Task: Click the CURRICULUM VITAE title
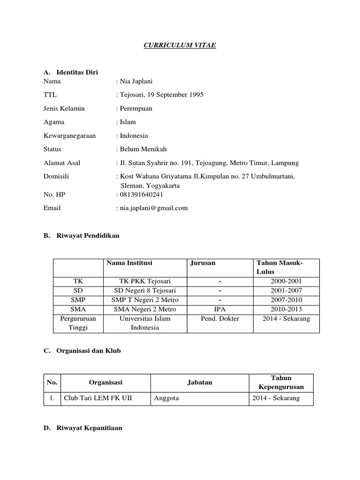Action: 180,45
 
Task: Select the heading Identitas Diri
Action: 77,72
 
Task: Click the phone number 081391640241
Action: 142,195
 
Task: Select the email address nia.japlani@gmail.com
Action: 154,208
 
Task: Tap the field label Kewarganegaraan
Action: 68,135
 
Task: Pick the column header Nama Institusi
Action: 129,263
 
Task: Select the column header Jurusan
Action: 203,263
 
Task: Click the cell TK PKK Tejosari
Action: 144,281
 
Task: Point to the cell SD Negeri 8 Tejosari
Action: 144,291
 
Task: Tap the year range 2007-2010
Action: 286,300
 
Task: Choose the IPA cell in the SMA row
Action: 219,309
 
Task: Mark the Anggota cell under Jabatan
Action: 165,399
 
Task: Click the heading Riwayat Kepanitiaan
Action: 89,428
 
